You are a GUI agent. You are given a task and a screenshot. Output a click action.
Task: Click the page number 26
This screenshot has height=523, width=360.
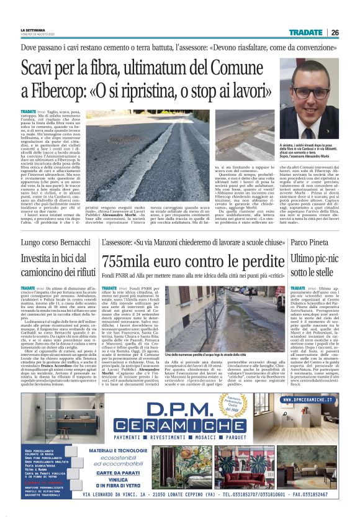(335, 32)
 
